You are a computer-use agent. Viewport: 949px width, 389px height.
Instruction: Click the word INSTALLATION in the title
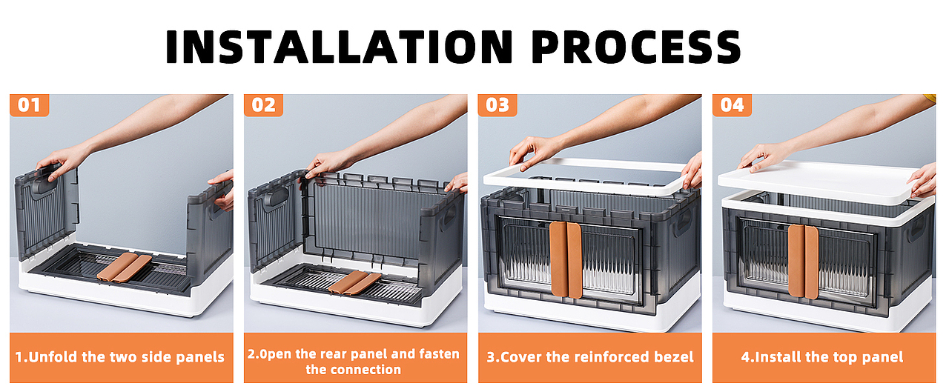click(340, 47)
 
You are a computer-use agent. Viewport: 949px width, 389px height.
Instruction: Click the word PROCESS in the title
click(636, 47)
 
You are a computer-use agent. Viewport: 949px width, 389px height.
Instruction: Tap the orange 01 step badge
click(29, 105)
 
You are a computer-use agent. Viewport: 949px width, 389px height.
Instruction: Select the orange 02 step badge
click(263, 105)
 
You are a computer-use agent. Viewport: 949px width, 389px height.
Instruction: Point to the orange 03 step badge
click(497, 105)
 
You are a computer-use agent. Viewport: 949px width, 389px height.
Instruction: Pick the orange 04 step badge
click(732, 105)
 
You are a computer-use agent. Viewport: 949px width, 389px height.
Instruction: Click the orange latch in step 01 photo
click(124, 267)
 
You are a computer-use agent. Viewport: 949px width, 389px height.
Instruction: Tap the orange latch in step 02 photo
click(354, 283)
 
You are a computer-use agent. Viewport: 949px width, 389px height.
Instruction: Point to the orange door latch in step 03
click(566, 259)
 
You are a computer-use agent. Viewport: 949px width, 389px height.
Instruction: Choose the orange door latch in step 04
click(803, 260)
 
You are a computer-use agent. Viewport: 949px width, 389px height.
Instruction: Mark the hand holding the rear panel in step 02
click(326, 164)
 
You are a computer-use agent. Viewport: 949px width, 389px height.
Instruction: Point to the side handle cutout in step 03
click(683, 220)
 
